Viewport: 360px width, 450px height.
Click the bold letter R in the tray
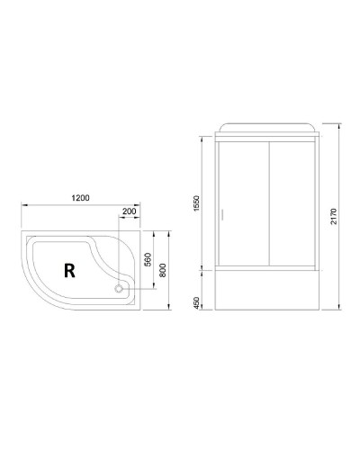(68, 267)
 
